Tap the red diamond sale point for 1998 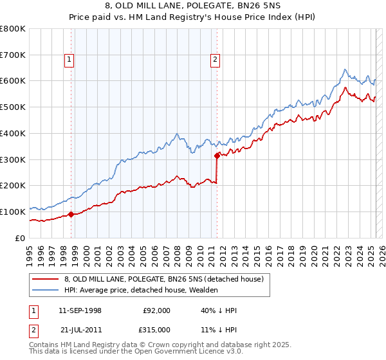(71, 214)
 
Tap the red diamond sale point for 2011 (217, 155)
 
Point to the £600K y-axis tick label (13, 81)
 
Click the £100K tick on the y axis (13, 212)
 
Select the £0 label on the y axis (19, 238)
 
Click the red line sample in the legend (45, 280)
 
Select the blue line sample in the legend (45, 291)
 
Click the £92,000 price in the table (157, 310)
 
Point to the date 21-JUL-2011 (80, 329)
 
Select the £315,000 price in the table (157, 329)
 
